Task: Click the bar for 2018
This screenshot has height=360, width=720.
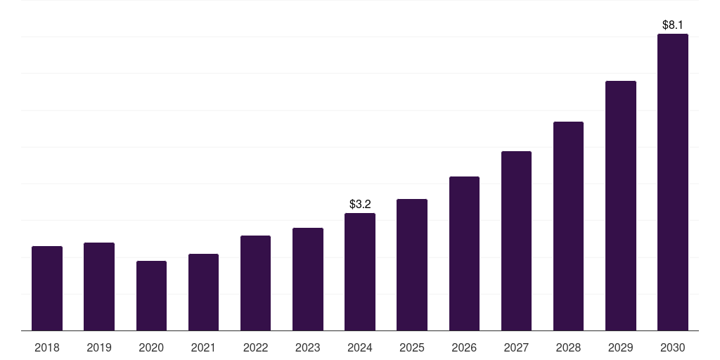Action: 47,288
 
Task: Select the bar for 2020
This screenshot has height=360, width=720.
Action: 151,295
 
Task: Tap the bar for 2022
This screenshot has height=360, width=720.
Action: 255,283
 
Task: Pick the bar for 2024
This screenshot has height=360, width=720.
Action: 360,271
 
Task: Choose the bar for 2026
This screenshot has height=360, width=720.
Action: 464,253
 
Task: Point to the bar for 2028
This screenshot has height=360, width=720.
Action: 568,226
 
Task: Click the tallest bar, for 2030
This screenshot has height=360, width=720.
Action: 673,182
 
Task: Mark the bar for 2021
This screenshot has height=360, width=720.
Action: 203,292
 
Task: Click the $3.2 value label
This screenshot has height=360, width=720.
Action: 360,205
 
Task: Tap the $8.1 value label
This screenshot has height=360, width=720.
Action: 673,25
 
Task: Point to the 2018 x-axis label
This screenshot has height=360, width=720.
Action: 47,348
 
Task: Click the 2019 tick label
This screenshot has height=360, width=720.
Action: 99,348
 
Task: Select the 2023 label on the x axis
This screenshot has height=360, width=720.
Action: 308,348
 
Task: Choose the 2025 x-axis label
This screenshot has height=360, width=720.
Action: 412,348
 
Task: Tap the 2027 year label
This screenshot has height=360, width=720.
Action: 516,348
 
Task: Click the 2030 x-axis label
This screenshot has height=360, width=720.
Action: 673,348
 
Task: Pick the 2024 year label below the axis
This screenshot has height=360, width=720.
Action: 360,348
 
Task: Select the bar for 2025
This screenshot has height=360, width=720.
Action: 412,264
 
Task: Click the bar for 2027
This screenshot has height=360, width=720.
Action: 516,240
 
